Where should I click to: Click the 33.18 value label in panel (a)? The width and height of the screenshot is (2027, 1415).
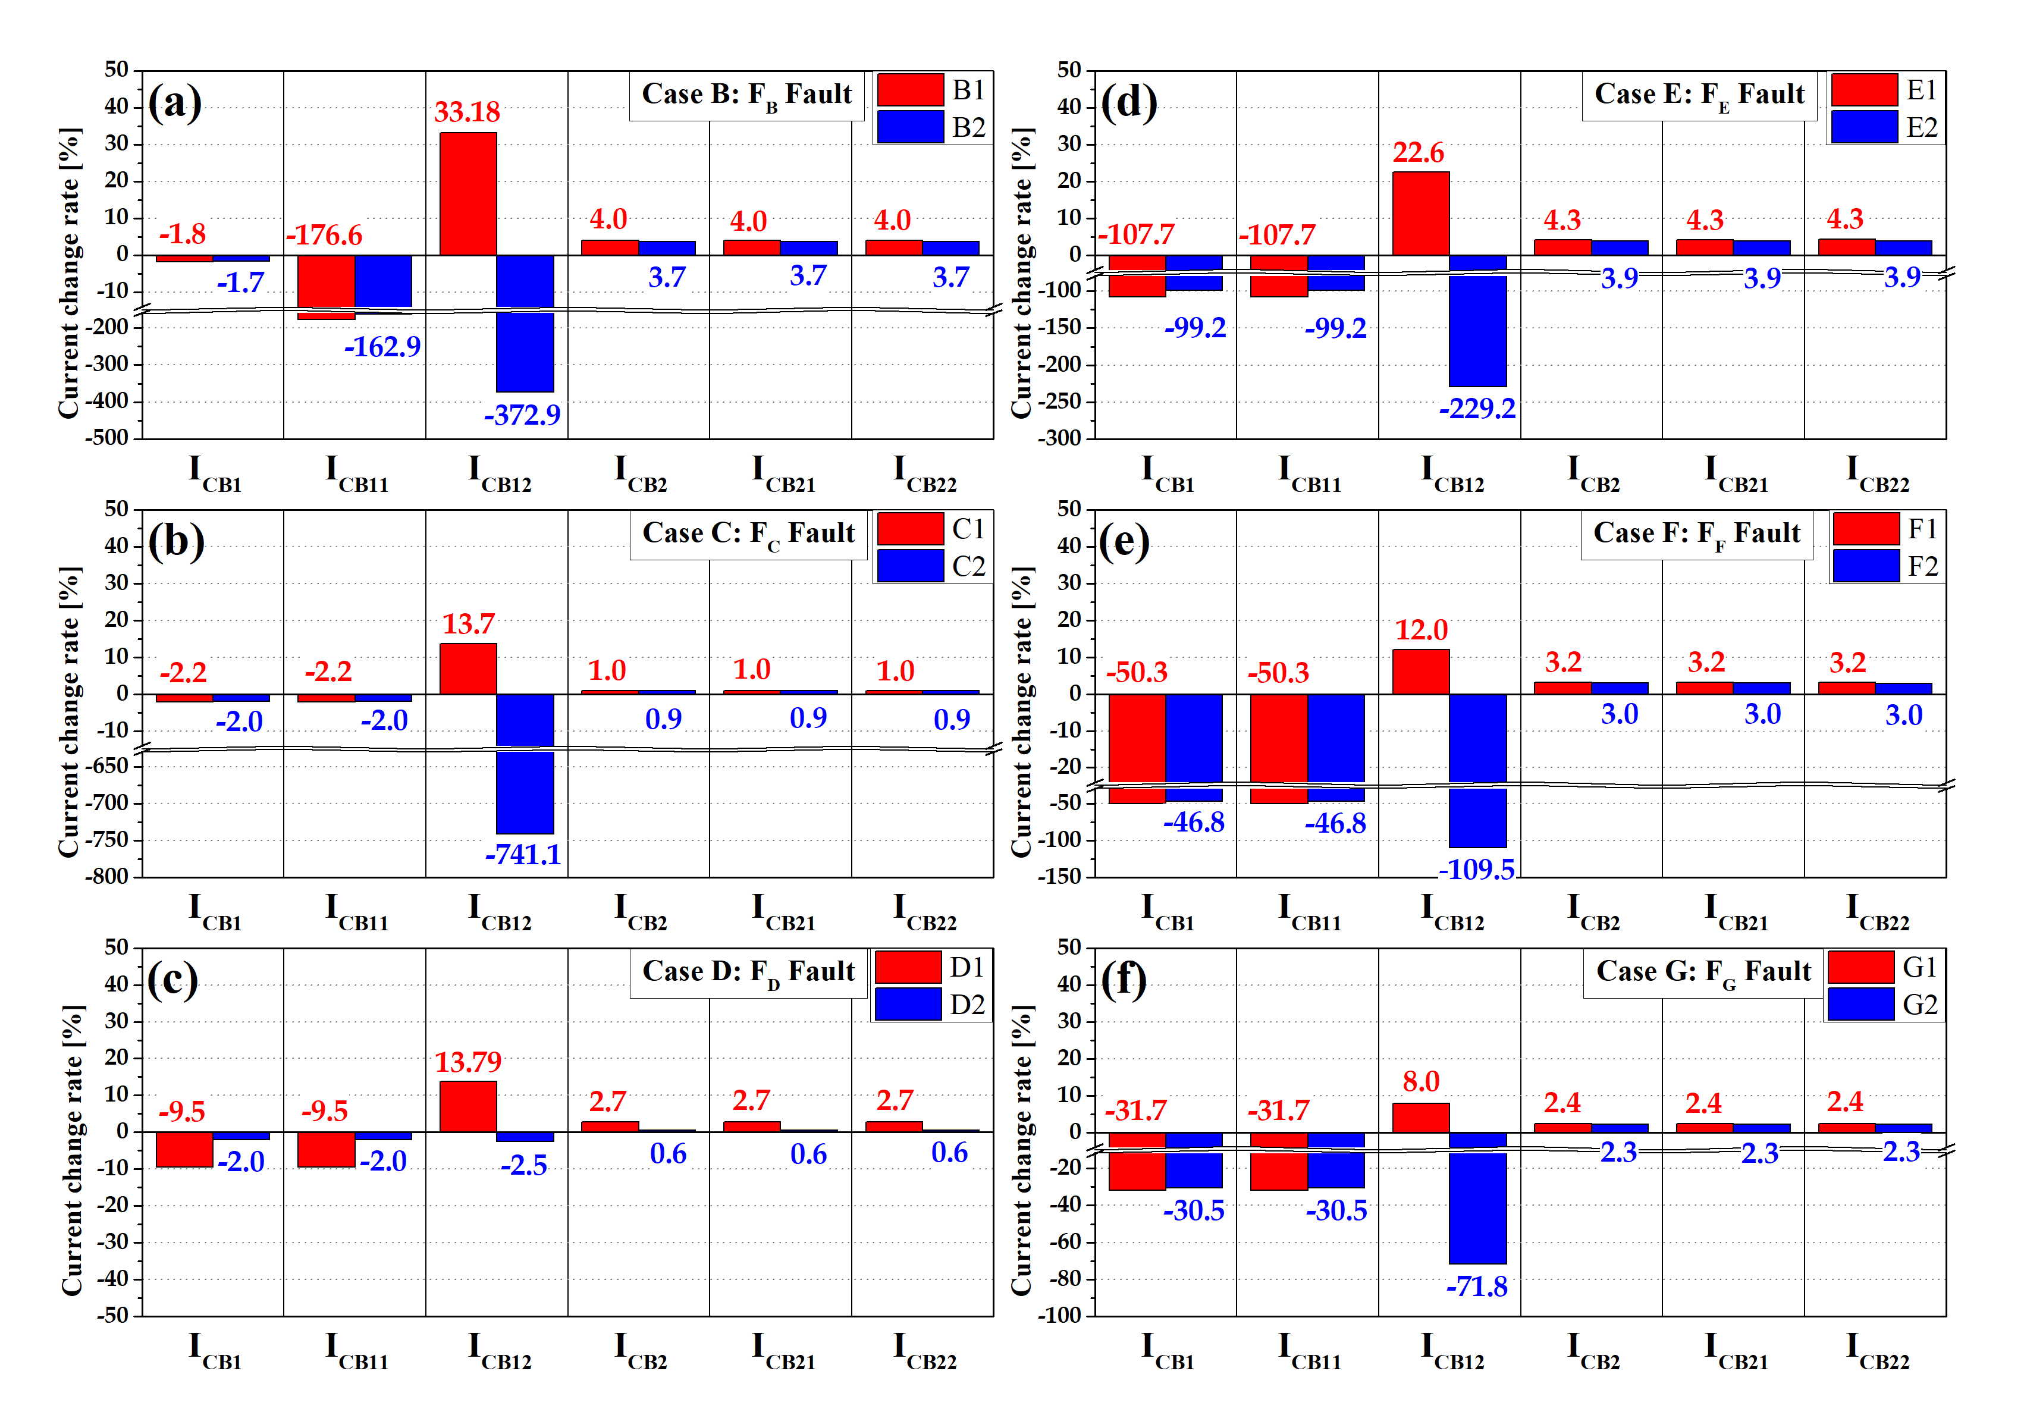[x=467, y=112]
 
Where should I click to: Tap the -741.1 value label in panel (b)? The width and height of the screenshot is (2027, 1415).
[x=523, y=855]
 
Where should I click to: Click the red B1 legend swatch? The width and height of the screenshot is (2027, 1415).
[x=910, y=90]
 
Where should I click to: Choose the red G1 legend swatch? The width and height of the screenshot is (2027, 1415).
[x=1860, y=968]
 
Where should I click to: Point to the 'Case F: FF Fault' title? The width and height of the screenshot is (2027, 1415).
[x=1696, y=534]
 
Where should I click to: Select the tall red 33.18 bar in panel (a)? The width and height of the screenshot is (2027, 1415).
[x=468, y=194]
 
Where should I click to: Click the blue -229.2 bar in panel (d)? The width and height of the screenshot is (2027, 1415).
[x=1478, y=331]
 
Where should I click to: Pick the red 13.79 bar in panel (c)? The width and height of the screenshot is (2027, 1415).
[x=468, y=1106]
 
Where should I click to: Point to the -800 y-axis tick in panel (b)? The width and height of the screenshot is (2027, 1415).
[x=108, y=877]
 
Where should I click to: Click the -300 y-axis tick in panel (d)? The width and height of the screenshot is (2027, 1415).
[x=1060, y=438]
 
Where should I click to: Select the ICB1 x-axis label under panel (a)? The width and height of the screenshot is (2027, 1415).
[x=215, y=472]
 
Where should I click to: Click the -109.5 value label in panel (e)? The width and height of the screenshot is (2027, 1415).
[x=1476, y=870]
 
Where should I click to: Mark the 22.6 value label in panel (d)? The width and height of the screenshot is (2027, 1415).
[x=1418, y=153]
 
